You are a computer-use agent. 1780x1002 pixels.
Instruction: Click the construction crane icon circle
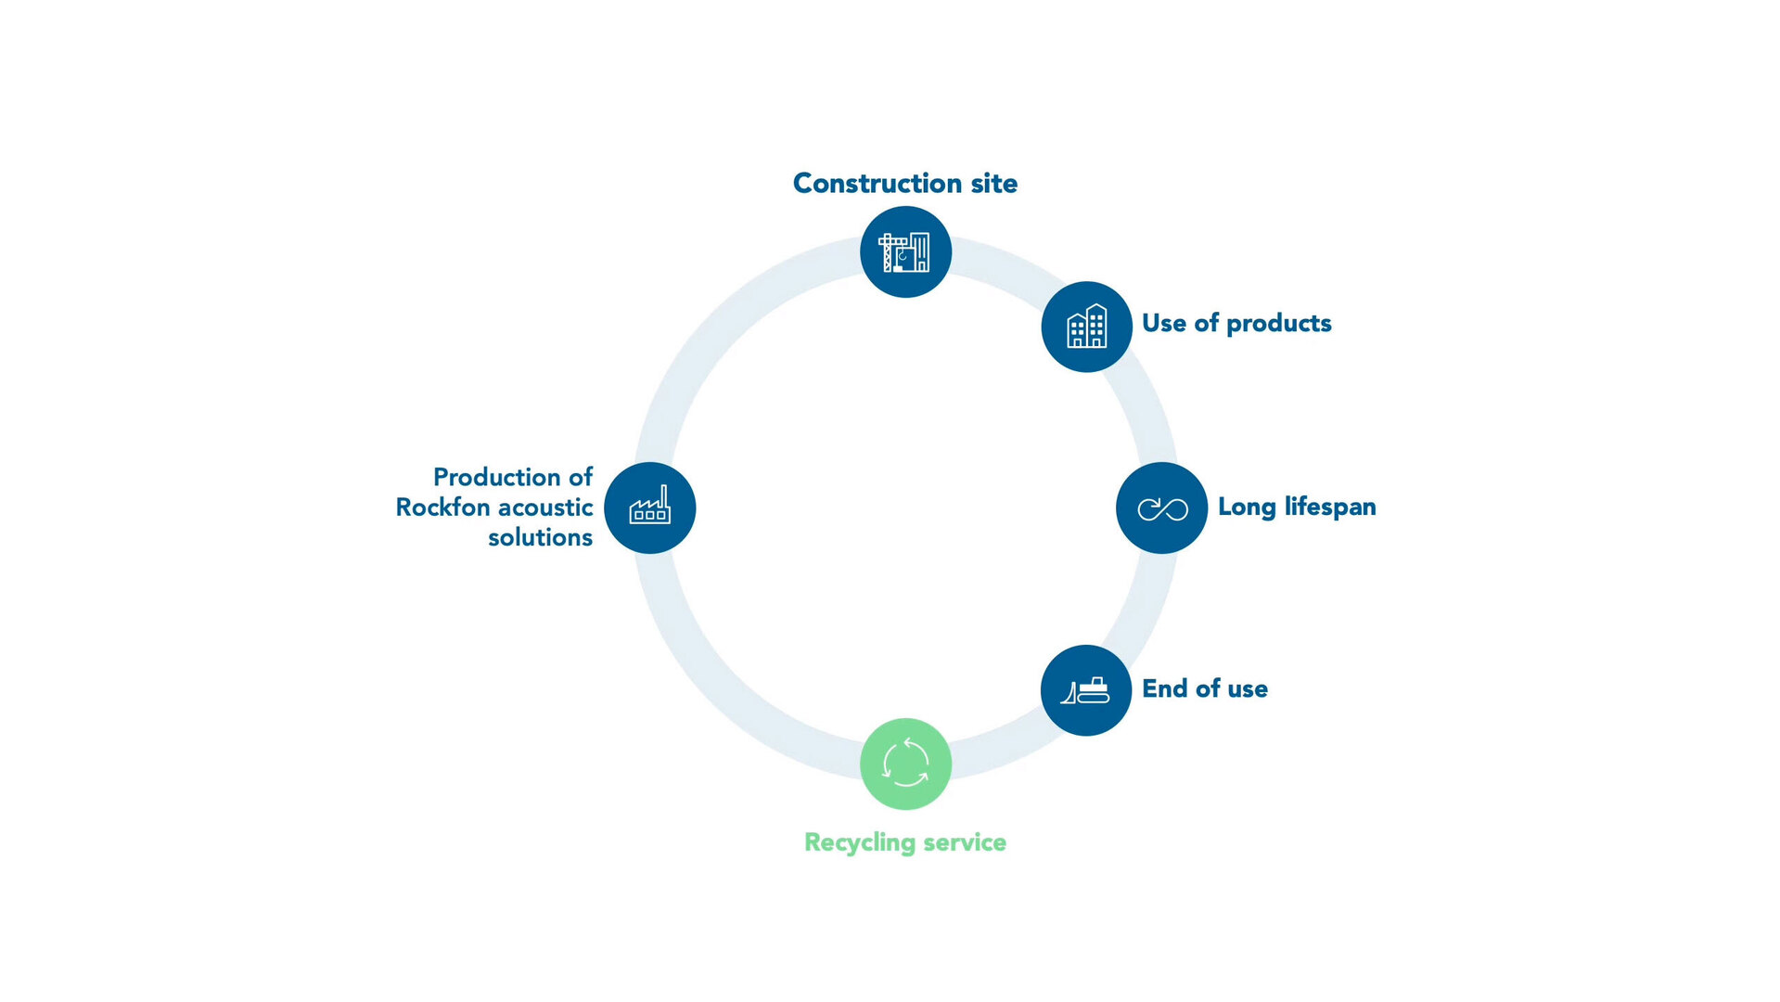click(x=905, y=251)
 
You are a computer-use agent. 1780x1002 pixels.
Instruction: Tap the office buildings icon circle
click(x=1086, y=327)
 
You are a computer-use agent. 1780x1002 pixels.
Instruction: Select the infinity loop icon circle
click(x=1161, y=507)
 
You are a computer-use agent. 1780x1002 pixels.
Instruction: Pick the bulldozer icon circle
click(x=1085, y=690)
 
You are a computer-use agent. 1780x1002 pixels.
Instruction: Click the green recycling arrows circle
click(x=905, y=764)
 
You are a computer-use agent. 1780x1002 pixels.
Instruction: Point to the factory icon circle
click(x=649, y=507)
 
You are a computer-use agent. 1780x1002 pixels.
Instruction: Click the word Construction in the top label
click(x=877, y=183)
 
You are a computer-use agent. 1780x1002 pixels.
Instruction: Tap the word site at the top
click(x=993, y=183)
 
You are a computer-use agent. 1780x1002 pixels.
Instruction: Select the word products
click(x=1278, y=323)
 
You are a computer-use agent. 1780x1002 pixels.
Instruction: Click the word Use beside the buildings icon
click(x=1163, y=323)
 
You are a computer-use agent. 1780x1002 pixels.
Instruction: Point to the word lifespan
click(x=1329, y=507)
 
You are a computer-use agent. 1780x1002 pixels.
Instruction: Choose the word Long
click(x=1246, y=507)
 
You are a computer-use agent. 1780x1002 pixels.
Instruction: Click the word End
click(x=1164, y=688)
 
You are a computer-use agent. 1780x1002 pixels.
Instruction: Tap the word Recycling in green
click(x=859, y=842)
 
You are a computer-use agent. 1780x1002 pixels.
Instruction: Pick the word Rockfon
click(x=442, y=507)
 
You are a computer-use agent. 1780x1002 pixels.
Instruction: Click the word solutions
click(x=540, y=537)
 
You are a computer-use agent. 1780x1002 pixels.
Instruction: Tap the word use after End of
click(x=1247, y=688)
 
